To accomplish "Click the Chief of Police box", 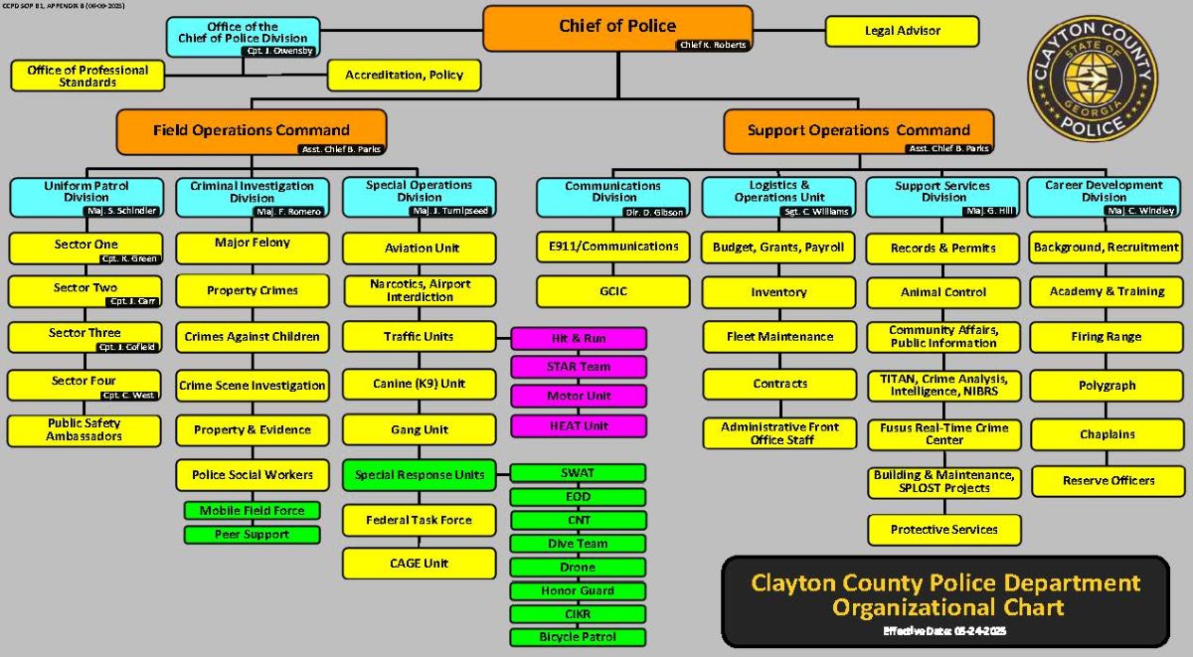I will [x=616, y=28].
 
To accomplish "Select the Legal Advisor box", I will [x=902, y=31].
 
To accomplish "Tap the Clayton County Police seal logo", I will [x=1093, y=80].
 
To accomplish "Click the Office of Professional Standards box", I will [x=86, y=76].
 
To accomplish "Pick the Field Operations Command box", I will [x=251, y=130].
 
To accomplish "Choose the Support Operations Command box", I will [x=858, y=130].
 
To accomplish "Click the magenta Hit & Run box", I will [x=579, y=339].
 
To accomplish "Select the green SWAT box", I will [x=579, y=473].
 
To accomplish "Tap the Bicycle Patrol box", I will [x=579, y=637].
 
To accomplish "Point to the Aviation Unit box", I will [x=419, y=247].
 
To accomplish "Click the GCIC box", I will [x=612, y=291].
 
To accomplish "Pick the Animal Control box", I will [x=943, y=292].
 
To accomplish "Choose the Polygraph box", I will [x=1107, y=386].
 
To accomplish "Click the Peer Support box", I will [x=252, y=535].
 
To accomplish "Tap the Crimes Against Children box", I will [x=253, y=337].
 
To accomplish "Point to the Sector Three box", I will [x=85, y=337].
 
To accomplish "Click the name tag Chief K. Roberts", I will [x=712, y=45].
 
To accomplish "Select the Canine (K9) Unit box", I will [x=419, y=384].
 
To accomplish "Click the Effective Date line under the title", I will [x=944, y=631].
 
